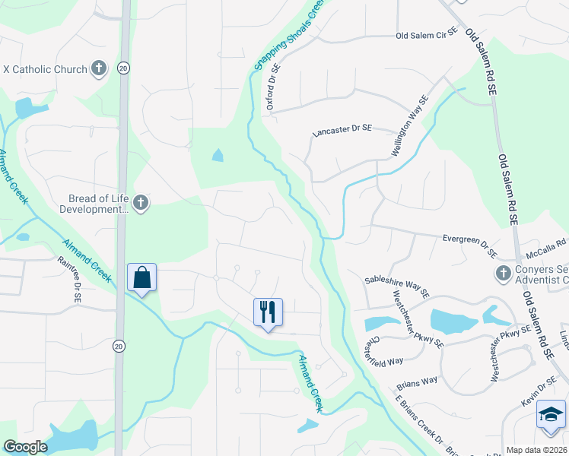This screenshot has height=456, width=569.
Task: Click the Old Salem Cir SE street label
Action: click(x=426, y=36)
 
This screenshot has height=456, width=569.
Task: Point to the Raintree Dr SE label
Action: click(x=69, y=279)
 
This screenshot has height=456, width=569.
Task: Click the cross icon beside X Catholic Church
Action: click(x=98, y=69)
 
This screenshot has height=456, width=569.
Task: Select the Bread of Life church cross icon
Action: click(x=140, y=203)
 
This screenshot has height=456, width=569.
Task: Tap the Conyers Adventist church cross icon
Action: click(x=502, y=273)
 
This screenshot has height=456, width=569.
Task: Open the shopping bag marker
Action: click(x=142, y=277)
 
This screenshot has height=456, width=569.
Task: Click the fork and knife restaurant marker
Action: click(x=268, y=312)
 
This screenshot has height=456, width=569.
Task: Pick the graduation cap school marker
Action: click(x=551, y=415)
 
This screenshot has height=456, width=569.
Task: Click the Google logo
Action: click(x=26, y=447)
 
